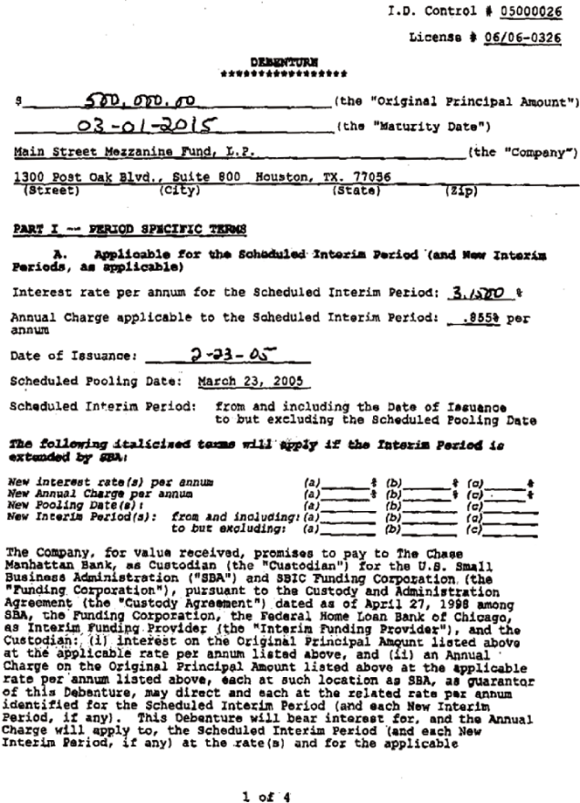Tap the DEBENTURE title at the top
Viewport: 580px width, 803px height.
(x=284, y=62)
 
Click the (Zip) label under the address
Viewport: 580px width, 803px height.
(x=460, y=191)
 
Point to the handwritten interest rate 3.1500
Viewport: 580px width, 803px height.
(x=481, y=294)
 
